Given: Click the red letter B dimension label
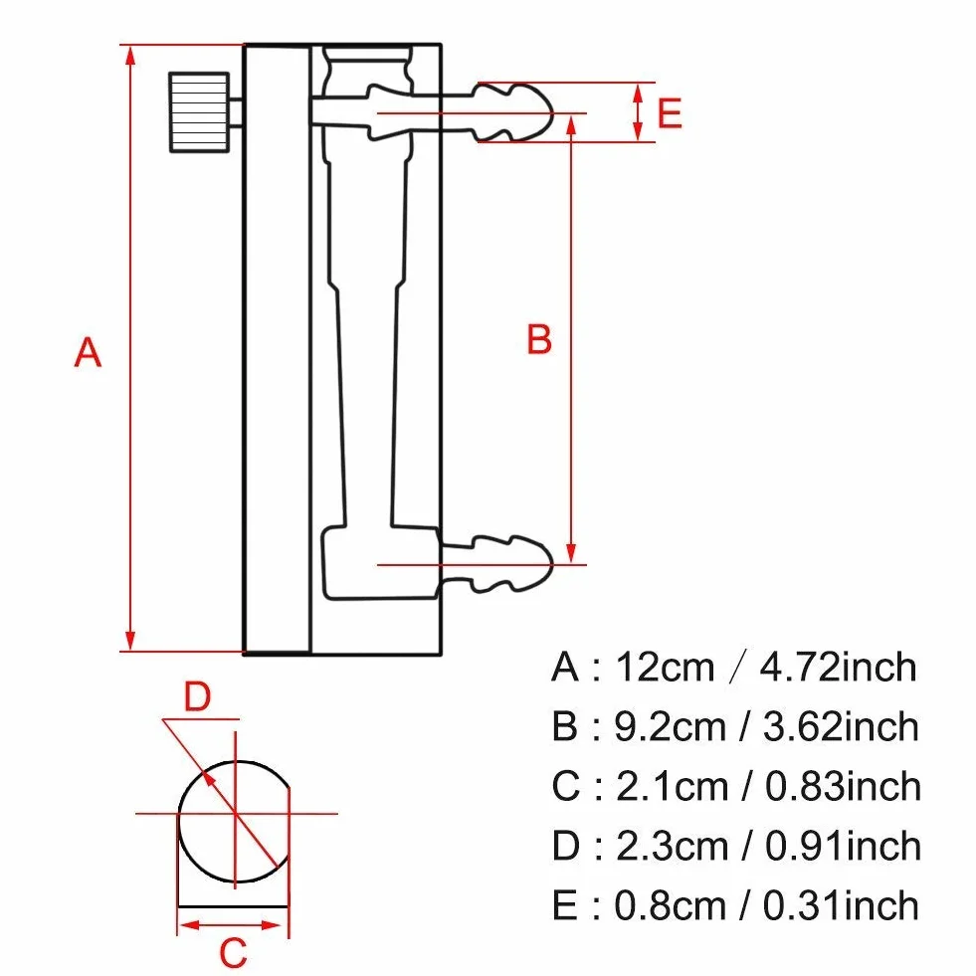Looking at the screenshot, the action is (539, 339).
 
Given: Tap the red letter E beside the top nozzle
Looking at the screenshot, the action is (670, 113).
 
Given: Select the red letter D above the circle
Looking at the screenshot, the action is (197, 697).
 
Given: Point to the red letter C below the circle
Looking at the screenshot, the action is (234, 952).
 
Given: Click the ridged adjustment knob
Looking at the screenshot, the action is (199, 112).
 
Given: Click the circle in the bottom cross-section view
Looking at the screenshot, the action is (179, 822).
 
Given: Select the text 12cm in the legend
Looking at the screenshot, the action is (665, 668).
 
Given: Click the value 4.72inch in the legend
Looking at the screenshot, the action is (838, 668).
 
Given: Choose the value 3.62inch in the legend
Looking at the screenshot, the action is (841, 726).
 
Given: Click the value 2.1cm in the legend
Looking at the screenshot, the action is (672, 786).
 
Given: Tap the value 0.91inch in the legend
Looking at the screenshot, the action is (843, 846).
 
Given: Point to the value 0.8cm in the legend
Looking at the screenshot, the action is (671, 905).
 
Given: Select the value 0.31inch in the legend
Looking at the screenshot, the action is (841, 905).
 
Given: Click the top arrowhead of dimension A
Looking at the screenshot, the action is (130, 56).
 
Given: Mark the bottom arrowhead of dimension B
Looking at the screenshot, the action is (571, 553).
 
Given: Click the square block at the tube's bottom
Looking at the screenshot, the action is (380, 563).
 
